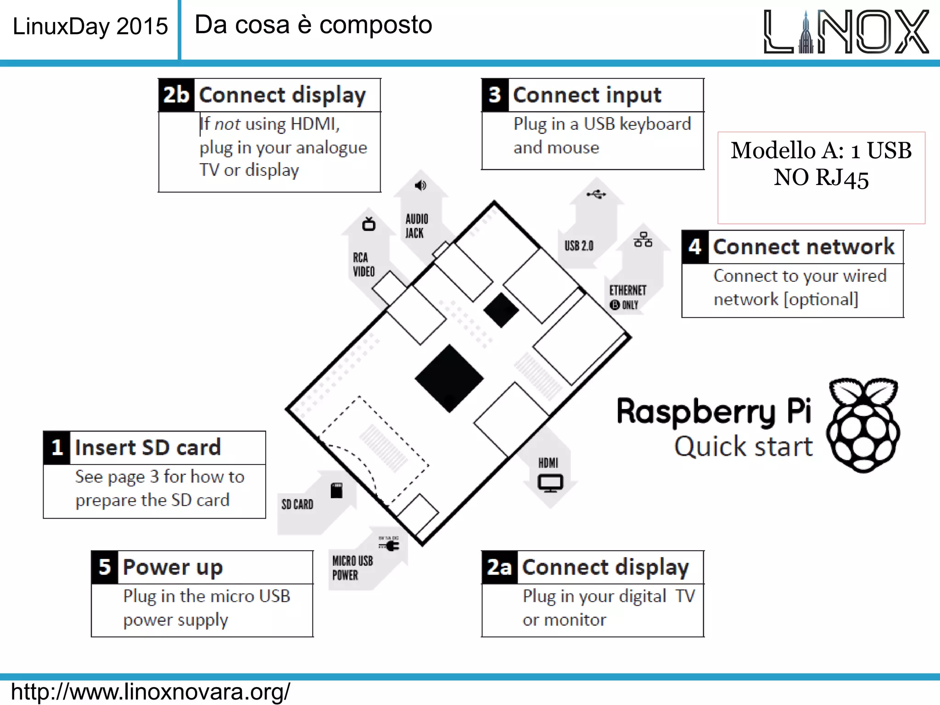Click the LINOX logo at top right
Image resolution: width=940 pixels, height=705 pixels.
(846, 31)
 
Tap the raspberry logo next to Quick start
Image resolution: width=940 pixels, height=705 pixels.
(863, 425)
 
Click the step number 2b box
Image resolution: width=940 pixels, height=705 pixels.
(176, 95)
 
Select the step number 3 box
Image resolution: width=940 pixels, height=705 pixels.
(495, 95)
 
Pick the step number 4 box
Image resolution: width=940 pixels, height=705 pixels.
(695, 247)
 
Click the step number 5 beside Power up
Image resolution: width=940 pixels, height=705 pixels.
(105, 567)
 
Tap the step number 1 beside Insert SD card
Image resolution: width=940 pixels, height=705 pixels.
(57, 448)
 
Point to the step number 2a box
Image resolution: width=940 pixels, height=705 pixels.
(499, 567)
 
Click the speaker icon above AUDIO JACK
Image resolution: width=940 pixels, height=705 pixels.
(420, 185)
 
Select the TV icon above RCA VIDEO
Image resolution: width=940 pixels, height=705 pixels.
(369, 224)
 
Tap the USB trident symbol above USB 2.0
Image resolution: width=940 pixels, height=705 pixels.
(596, 195)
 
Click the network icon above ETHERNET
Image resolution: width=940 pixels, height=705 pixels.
(643, 240)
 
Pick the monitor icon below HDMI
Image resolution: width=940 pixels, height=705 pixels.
(550, 483)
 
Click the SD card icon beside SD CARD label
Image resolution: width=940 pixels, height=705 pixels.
(336, 490)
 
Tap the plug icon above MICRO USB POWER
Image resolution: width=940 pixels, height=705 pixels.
(390, 545)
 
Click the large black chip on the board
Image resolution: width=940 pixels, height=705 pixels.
(449, 379)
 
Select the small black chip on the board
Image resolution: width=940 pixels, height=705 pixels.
(501, 310)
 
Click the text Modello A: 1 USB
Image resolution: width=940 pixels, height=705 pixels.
(821, 151)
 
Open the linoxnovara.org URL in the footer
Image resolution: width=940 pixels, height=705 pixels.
(151, 691)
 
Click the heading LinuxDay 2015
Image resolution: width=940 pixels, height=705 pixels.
(90, 26)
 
